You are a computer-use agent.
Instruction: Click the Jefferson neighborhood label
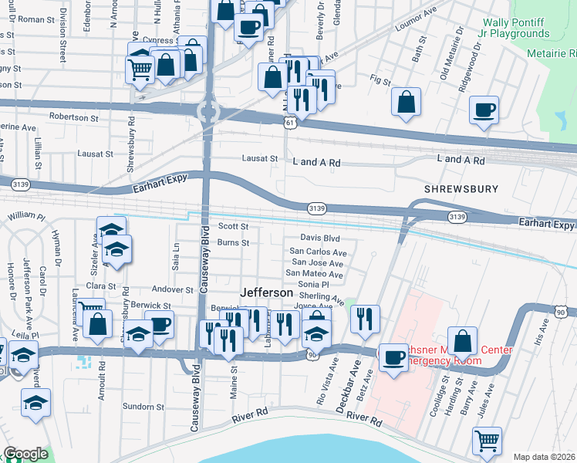(x=266, y=293)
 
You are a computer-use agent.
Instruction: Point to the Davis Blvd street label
(x=319, y=238)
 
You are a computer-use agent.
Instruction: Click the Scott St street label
(x=232, y=227)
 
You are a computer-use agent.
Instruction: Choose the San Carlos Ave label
(x=317, y=252)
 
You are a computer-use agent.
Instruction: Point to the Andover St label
(x=171, y=290)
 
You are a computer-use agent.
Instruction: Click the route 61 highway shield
(x=289, y=123)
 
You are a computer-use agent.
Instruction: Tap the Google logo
(x=26, y=454)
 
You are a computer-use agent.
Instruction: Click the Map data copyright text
(x=543, y=457)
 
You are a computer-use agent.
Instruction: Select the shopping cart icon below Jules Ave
(x=487, y=442)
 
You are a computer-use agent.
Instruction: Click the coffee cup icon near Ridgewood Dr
(x=484, y=110)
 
